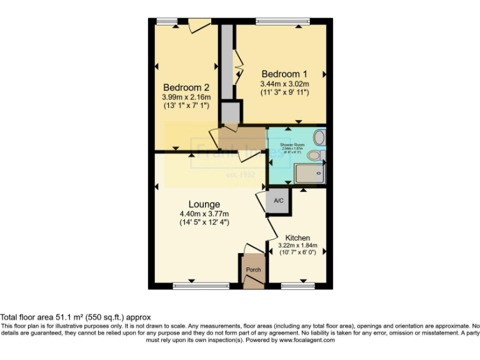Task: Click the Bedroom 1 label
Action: point(284,72)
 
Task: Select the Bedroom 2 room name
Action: point(186,87)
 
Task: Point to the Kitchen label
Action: point(297,237)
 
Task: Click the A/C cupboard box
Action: point(279,201)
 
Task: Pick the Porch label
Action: point(253,269)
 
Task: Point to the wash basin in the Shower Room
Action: point(319,137)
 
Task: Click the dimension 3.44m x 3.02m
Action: point(284,83)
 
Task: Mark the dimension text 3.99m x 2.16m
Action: point(186,97)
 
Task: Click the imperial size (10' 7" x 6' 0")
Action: point(297,252)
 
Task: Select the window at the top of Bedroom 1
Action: point(282,22)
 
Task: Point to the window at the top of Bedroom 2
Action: point(167,22)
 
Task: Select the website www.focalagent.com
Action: point(306,341)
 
